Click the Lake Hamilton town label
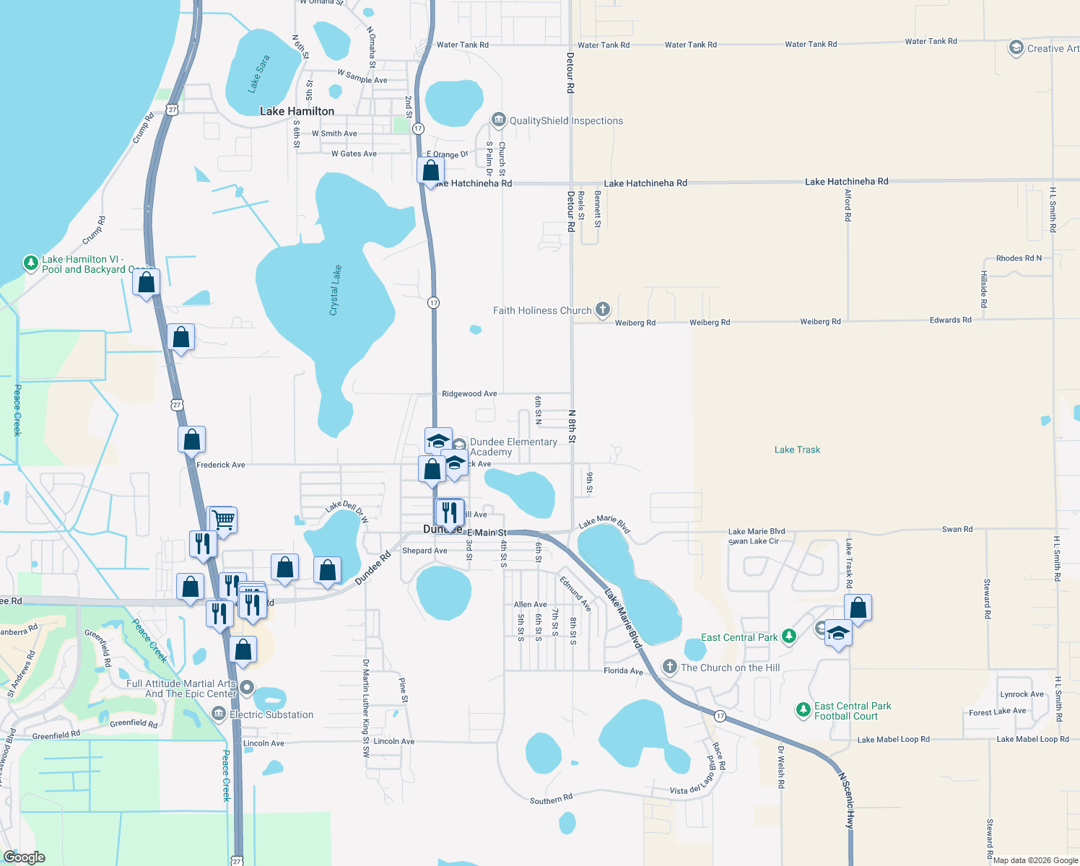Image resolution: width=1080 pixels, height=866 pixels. click(297, 111)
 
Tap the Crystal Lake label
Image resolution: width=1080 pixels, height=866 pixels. click(335, 290)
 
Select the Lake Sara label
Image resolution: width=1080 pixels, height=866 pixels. click(258, 74)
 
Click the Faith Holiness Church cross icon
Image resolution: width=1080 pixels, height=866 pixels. click(603, 310)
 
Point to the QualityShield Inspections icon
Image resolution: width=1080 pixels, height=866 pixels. click(498, 120)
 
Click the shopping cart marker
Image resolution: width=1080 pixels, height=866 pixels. click(224, 520)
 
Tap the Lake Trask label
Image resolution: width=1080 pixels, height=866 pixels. click(797, 450)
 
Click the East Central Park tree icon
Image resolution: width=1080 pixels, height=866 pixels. click(789, 636)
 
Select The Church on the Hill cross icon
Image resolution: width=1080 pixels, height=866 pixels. click(670, 667)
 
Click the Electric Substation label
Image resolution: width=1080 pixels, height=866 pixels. click(271, 714)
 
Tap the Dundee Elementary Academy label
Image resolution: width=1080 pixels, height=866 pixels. click(513, 447)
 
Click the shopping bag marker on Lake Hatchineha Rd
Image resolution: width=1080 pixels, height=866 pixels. click(431, 171)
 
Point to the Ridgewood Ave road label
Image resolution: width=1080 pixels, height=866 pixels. click(469, 394)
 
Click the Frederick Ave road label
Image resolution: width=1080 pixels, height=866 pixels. click(221, 465)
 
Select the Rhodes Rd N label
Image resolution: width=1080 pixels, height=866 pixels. click(1019, 258)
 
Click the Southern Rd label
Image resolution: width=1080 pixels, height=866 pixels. click(551, 799)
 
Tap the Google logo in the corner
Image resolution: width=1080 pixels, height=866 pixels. click(25, 857)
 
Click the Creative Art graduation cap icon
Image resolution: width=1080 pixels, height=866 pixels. click(1016, 48)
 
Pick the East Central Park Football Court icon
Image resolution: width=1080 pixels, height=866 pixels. click(804, 710)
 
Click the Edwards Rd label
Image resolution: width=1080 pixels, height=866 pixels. click(950, 320)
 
